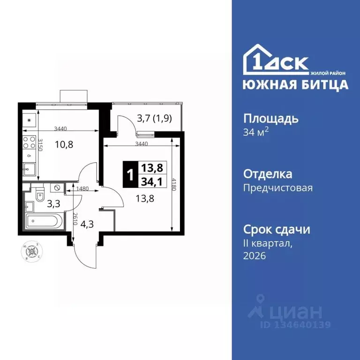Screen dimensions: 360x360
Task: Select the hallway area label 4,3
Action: pos(87,224)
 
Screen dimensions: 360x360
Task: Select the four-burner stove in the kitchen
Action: pos(29,141)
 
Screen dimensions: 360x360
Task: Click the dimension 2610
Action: pos(75,219)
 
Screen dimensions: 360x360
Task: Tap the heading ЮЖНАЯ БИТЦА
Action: pos(295,85)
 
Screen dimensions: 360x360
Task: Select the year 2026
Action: pos(255,255)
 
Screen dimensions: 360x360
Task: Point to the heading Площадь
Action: pos(270,118)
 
